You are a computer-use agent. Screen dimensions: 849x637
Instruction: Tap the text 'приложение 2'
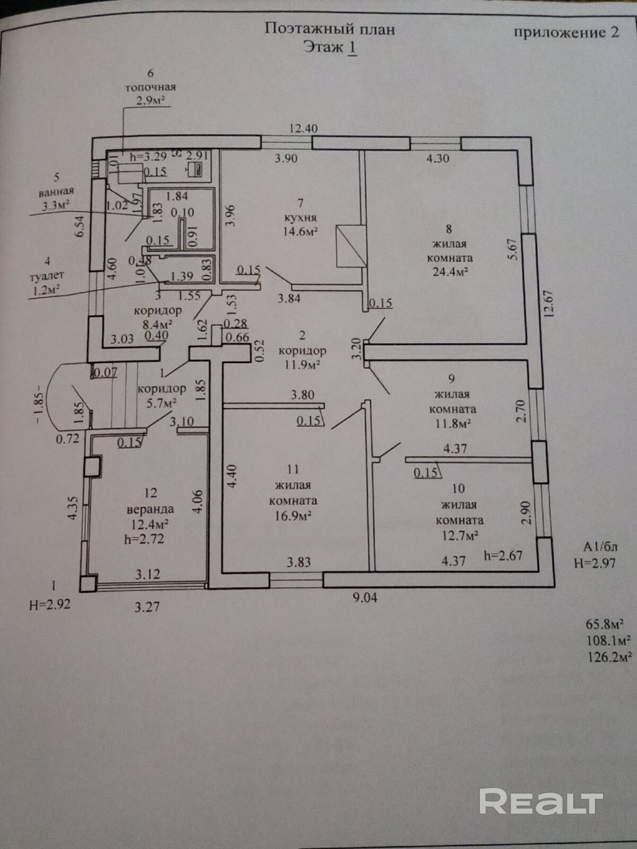pos(566,32)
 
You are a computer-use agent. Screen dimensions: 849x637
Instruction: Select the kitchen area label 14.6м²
pos(300,231)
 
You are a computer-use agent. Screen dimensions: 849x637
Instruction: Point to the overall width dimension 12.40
pos(303,128)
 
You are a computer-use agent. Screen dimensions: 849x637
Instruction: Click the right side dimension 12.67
pos(548,303)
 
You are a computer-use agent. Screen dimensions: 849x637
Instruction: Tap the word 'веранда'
pos(150,509)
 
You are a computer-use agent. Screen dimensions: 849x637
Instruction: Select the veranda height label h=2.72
pos(144,539)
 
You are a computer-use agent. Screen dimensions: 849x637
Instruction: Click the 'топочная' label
pos(150,86)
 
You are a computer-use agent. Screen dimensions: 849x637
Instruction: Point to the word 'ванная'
pos(56,191)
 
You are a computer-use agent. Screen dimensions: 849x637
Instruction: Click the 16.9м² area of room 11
pos(293,516)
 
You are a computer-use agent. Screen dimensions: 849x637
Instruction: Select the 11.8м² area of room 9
pos(452,423)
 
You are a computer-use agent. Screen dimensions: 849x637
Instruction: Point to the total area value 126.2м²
pos(608,656)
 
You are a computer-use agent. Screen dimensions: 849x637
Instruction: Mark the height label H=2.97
pos(595,563)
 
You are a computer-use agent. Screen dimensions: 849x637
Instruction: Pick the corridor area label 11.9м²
pos(302,365)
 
